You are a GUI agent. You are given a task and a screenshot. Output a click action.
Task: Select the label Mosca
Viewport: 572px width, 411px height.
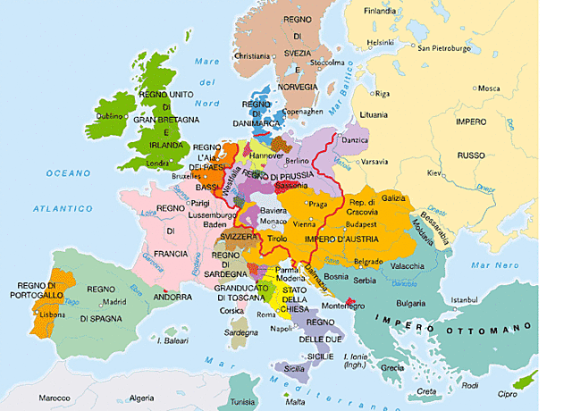click(x=489, y=88)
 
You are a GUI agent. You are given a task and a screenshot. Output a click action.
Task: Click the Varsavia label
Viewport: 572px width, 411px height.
click(x=374, y=163)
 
